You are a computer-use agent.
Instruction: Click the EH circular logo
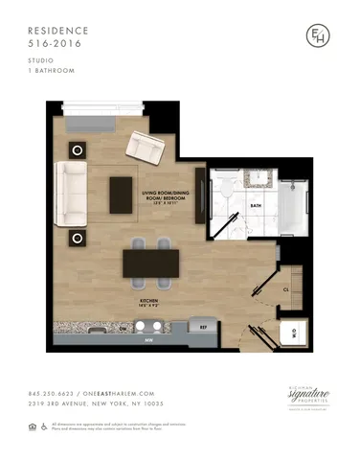(312, 35)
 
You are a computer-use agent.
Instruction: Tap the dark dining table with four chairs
(150, 263)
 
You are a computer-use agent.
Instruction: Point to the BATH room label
(255, 205)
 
